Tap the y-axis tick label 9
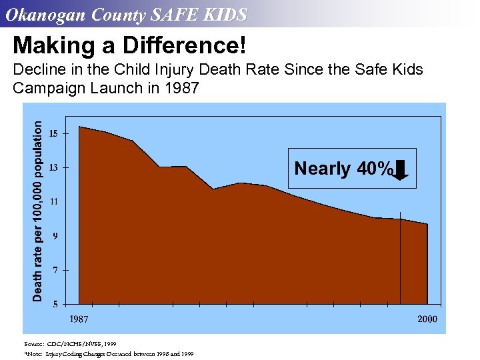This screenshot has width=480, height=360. [x=55, y=235]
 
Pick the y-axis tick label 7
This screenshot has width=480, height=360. [x=55, y=269]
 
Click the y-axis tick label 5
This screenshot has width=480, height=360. [x=55, y=304]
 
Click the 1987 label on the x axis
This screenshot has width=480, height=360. [x=79, y=319]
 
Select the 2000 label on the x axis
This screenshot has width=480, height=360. [x=427, y=319]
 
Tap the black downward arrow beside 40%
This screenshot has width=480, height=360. [x=401, y=170]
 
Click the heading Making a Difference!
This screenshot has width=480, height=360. [x=129, y=46]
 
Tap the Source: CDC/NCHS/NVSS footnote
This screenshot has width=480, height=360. [x=71, y=343]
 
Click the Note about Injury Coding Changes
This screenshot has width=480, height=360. [x=109, y=354]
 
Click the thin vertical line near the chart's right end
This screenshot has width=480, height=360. [x=400, y=260]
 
